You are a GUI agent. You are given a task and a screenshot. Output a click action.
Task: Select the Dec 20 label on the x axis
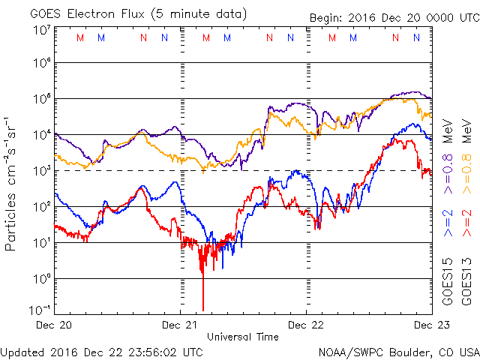click(x=54, y=325)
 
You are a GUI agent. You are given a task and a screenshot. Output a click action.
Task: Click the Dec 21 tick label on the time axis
click(x=181, y=325)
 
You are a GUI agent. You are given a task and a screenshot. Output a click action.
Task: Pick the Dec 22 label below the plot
click(x=307, y=325)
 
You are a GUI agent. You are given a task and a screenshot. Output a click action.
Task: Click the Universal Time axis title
click(x=243, y=337)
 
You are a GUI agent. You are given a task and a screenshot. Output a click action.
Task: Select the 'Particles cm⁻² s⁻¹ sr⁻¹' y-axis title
click(x=12, y=184)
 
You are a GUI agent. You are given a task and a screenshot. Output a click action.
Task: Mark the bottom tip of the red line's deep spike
click(x=202, y=309)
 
